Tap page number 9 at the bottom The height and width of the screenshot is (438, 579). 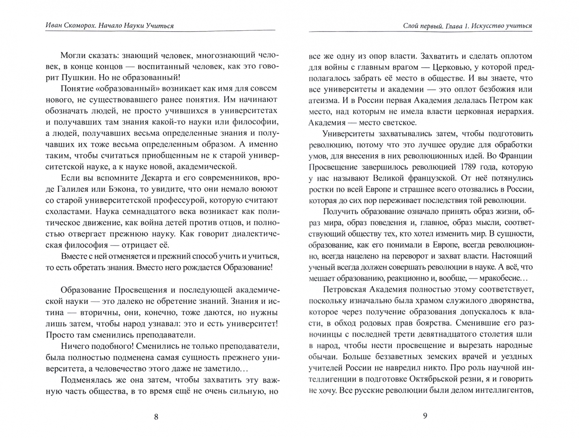(x=425, y=416)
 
